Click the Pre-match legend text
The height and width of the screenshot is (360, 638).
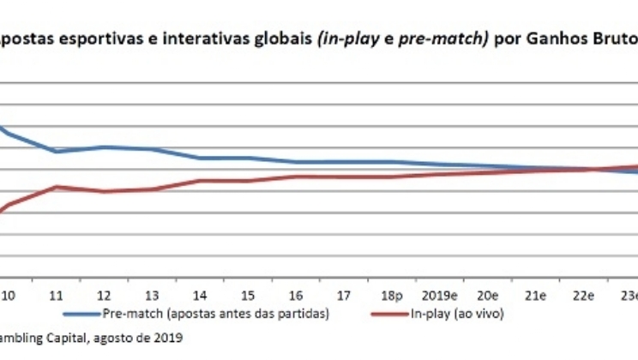pos(215,314)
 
